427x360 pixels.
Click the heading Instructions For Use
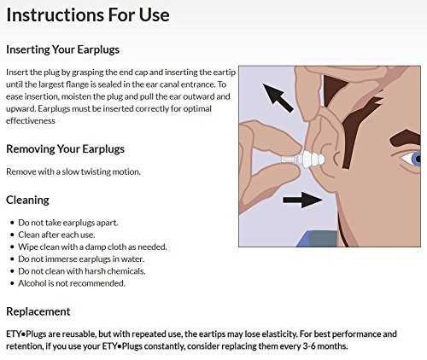click(88, 15)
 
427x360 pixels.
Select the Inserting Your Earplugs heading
click(62, 49)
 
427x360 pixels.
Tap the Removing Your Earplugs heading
click(65, 149)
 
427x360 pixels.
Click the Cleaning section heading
click(27, 200)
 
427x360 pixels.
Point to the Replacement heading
click(38, 311)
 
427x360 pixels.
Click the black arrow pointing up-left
click(278, 97)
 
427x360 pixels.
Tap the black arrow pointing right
click(302, 200)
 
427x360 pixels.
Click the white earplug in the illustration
click(305, 160)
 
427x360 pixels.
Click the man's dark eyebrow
click(406, 138)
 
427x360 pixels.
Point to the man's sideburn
click(360, 131)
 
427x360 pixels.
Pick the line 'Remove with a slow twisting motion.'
click(73, 171)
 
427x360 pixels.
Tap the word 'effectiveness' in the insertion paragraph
click(31, 121)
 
